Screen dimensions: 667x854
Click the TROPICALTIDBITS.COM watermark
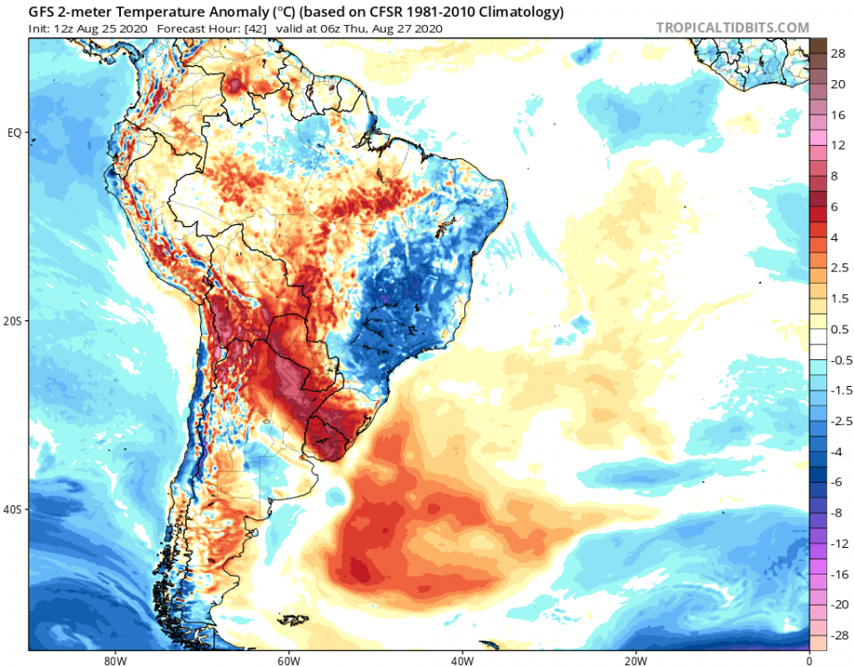coord(733,28)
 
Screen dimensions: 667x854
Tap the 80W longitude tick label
coord(113,660)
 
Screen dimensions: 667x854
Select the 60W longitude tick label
coord(286,660)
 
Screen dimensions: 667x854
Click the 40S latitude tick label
coord(14,510)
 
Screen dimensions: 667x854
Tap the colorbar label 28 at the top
coord(838,54)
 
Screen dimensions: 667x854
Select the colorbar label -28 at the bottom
coord(836,636)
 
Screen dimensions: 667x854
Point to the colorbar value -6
coord(836,482)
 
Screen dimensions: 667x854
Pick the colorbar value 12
coord(838,145)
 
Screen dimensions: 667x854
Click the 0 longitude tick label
coord(809,660)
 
